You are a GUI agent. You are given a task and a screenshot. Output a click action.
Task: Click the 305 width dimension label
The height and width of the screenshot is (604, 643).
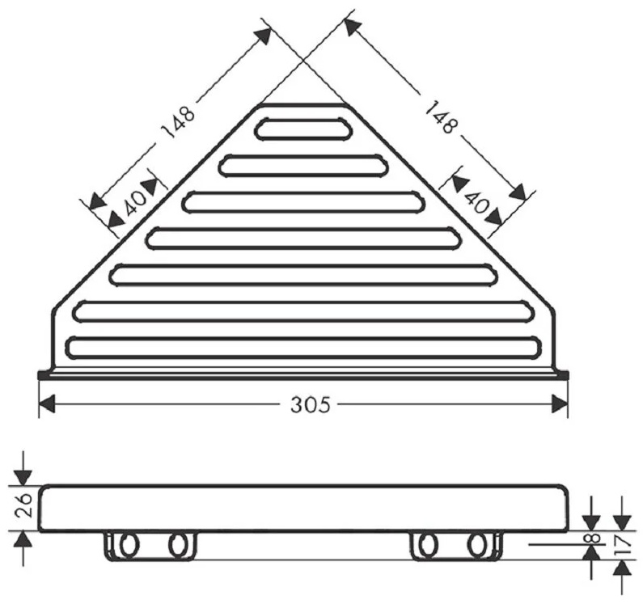point(310,405)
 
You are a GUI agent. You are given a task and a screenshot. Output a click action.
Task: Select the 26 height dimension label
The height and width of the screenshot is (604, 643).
point(23,505)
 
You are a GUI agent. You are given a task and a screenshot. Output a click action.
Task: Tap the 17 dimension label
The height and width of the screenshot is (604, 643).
point(623,545)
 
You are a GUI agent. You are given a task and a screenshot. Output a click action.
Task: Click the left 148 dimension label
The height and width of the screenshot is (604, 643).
point(178,123)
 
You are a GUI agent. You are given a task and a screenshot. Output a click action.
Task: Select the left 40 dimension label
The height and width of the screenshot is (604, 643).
point(135,203)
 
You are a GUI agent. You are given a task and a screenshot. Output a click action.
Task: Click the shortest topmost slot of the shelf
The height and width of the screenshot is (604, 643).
point(303,129)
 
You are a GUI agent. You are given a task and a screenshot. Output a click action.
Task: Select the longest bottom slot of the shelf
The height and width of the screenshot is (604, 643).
point(303,348)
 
